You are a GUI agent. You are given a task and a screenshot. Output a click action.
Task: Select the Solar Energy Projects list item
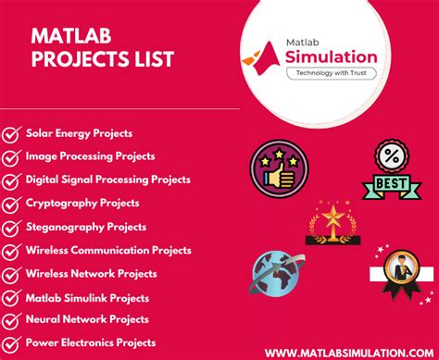coord(79,133)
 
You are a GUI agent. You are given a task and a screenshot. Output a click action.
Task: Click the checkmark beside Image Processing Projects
coord(12,157)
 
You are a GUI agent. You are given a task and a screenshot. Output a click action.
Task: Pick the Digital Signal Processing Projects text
coord(108,180)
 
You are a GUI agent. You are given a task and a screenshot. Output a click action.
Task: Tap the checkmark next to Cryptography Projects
coord(12,204)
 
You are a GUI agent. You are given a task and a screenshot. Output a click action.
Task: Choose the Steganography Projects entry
coord(86,226)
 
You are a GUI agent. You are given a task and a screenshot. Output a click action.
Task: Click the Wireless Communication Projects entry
coord(108,250)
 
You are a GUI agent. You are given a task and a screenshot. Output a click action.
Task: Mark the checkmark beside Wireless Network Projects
coord(12,274)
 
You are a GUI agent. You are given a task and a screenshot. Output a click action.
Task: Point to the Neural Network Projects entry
coord(87,319)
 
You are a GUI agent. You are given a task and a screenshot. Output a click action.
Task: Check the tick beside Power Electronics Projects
coord(12,343)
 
